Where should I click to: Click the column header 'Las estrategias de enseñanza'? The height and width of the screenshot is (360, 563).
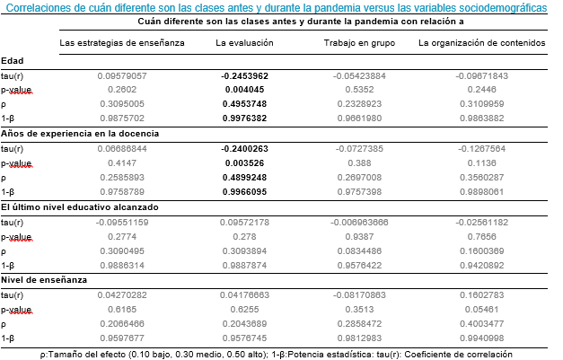coord(122,43)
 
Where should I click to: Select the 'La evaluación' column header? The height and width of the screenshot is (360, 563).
coord(245,43)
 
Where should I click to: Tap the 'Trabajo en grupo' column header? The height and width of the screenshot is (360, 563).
coord(358,43)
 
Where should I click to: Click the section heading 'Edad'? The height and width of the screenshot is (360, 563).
coord(13,61)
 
